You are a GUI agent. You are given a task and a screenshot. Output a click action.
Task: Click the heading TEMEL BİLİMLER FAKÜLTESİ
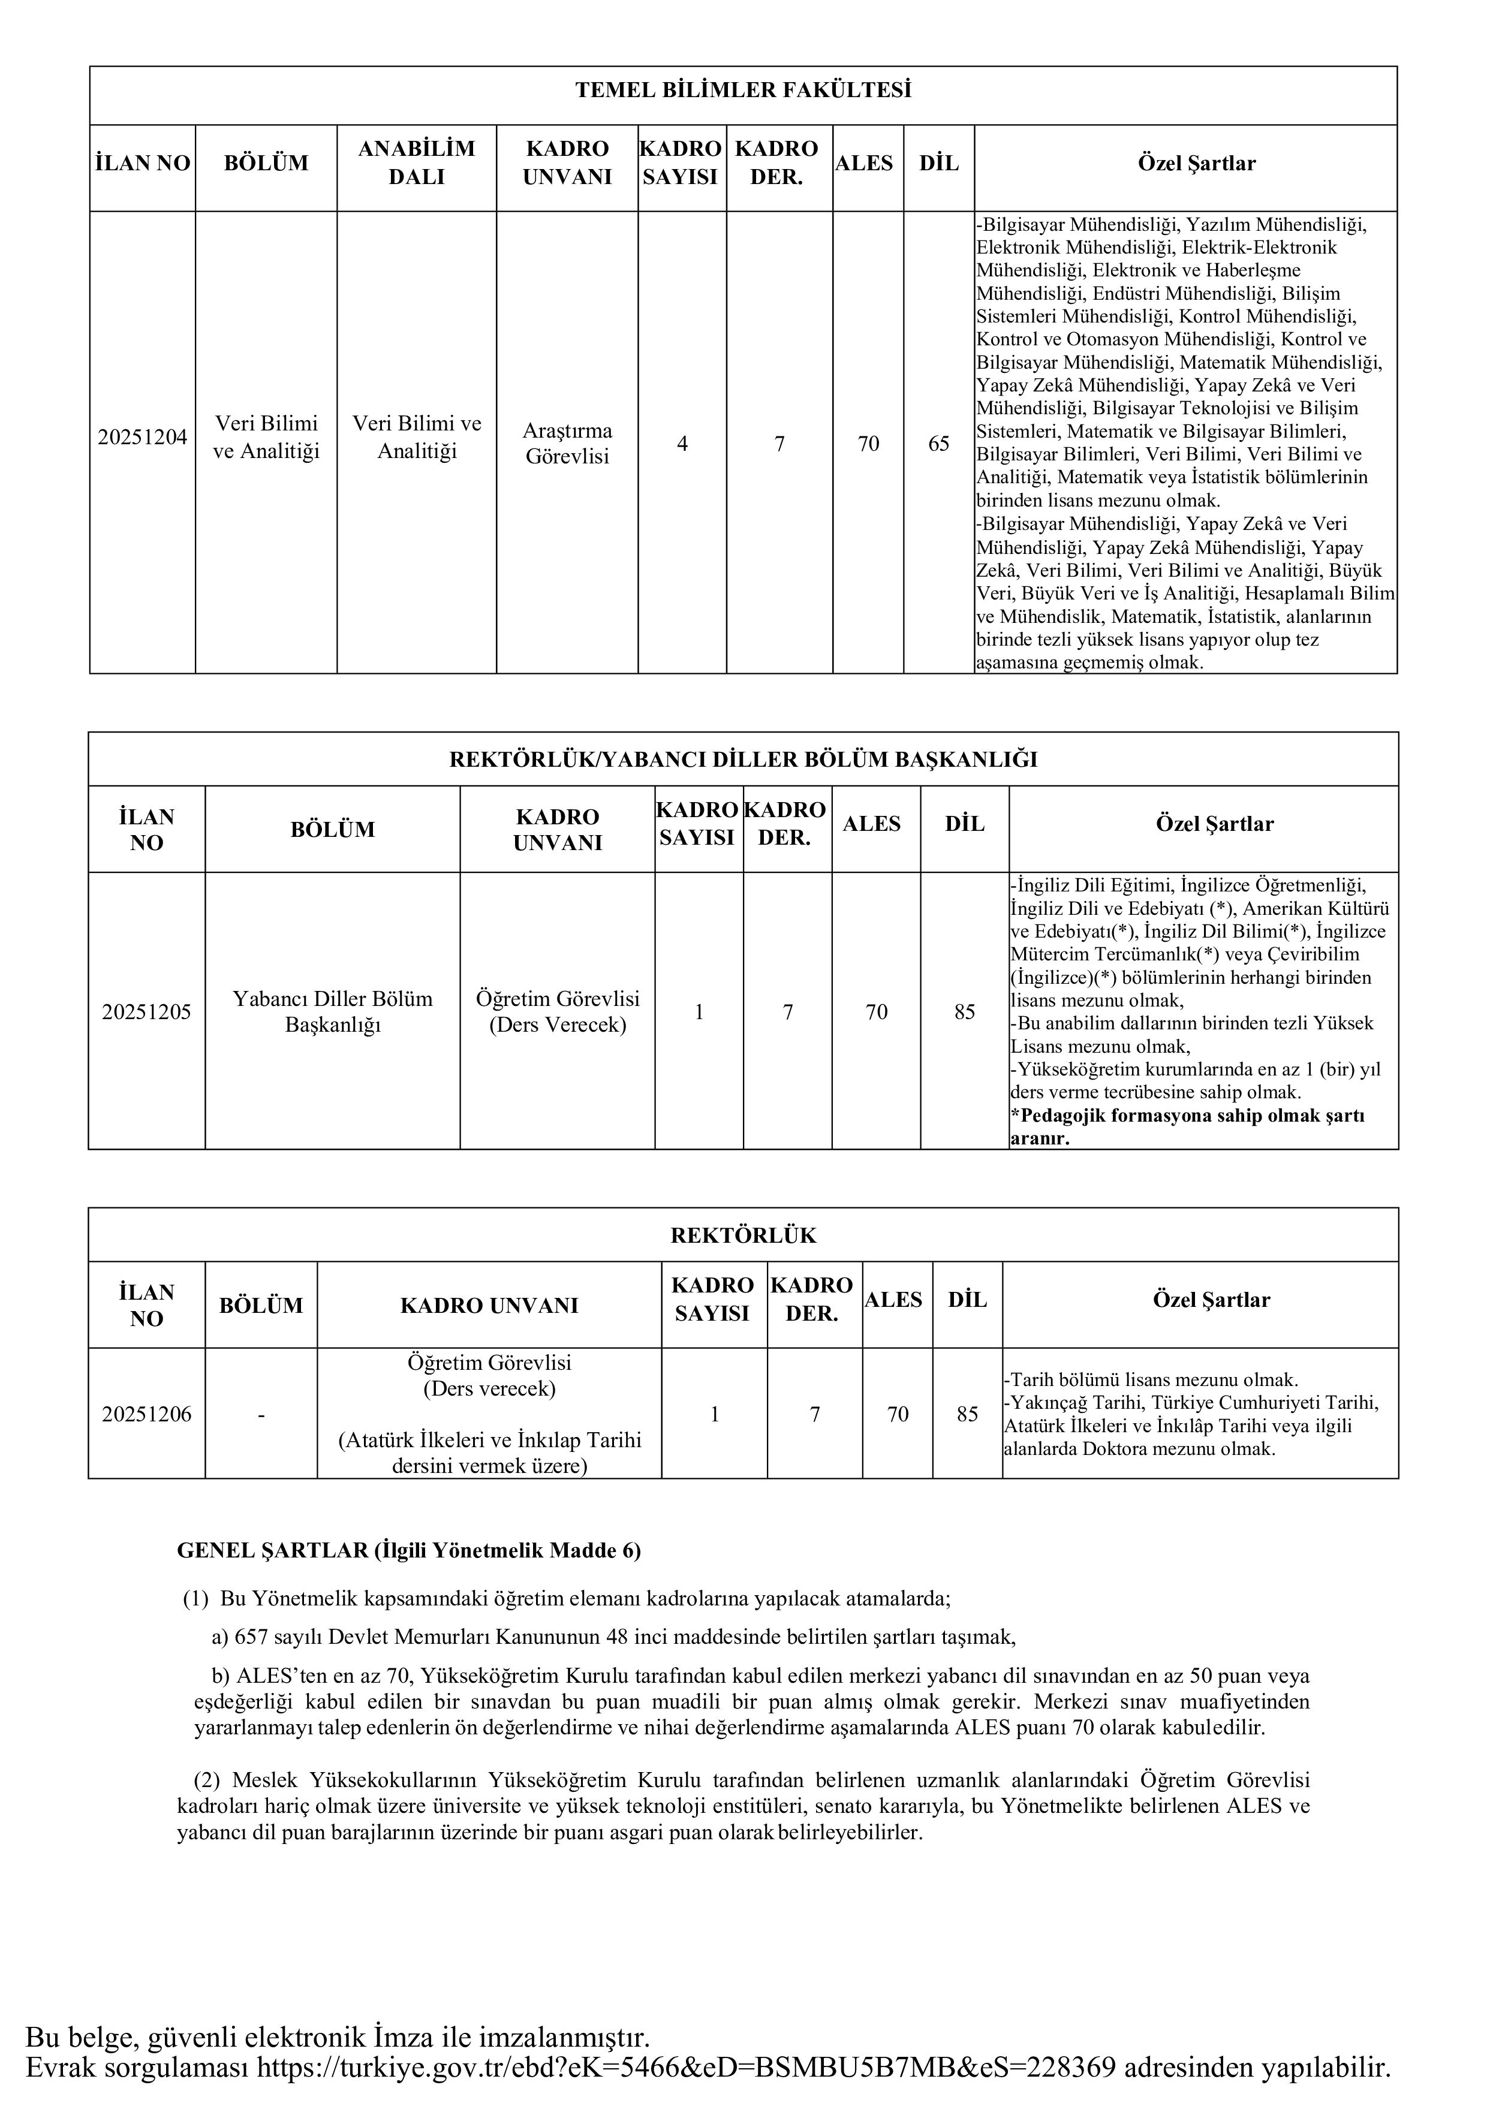[x=743, y=91]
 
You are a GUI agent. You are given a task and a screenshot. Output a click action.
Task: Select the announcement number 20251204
[x=142, y=437]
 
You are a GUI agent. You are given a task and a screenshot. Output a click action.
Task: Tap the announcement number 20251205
[x=146, y=1012]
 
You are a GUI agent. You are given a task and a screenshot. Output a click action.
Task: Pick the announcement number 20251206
[x=146, y=1414]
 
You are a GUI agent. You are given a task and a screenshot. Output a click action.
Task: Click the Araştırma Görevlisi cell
[x=567, y=443]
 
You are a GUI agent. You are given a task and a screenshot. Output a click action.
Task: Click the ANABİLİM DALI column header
[x=417, y=163]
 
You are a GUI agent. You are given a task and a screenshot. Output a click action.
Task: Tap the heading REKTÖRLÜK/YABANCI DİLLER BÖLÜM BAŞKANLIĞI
[x=743, y=760]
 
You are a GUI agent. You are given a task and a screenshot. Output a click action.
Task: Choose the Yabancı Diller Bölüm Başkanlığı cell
[x=333, y=1012]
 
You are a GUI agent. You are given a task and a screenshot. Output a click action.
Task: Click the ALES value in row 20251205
[x=876, y=1012]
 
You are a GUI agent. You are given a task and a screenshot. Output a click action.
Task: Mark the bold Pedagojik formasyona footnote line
[x=1187, y=1116]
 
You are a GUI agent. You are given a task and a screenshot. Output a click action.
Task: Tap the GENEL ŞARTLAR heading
[x=409, y=1551]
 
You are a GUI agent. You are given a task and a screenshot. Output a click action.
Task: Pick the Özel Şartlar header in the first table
[x=1197, y=164]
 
